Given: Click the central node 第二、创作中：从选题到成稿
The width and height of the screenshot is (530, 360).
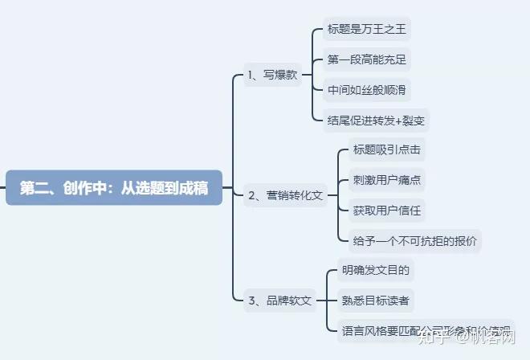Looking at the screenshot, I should (114, 189).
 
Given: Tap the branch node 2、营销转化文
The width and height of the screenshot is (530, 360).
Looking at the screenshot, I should (285, 194).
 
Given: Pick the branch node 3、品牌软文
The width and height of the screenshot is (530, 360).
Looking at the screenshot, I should (279, 301).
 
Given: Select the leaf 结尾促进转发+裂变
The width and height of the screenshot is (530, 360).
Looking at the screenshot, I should (375, 121).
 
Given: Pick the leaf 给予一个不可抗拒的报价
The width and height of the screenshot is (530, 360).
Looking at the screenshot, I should (414, 240).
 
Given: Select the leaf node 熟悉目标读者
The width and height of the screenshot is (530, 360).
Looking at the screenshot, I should (375, 301).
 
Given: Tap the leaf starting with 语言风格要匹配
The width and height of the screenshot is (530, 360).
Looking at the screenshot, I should (426, 329).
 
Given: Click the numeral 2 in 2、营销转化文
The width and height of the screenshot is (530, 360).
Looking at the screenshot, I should (252, 195).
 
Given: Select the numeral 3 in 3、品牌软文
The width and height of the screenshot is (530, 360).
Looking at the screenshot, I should (252, 301).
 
